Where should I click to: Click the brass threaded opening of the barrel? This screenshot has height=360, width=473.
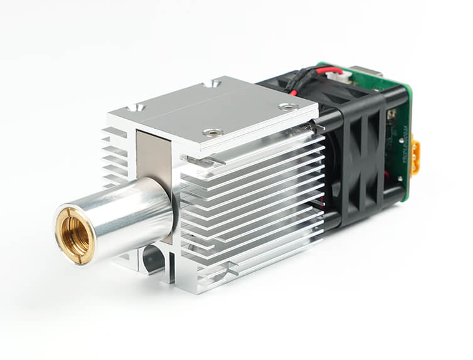(x=75, y=234)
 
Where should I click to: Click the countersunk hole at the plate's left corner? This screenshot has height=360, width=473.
(x=134, y=108)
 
